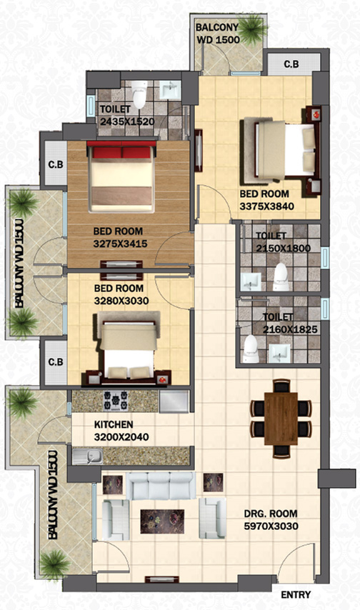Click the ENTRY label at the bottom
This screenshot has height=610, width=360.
(296, 594)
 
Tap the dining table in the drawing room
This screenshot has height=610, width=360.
(281, 418)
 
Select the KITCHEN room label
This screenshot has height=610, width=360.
(114, 424)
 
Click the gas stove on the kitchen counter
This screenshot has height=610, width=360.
(116, 401)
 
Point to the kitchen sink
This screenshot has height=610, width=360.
(88, 456)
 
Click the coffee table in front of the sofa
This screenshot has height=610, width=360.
(162, 521)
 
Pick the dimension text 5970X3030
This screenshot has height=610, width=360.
(271, 526)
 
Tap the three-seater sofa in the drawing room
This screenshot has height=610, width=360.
(161, 486)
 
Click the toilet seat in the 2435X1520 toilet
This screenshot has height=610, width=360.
(139, 94)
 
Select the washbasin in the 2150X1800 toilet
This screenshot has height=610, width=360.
(250, 281)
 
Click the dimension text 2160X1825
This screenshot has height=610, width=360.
(290, 329)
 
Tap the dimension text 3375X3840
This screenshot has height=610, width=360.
(266, 206)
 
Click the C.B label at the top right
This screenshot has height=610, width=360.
(291, 64)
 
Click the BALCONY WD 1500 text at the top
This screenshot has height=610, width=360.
(218, 34)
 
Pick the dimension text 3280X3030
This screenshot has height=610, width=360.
(121, 301)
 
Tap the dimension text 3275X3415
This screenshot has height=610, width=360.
(120, 244)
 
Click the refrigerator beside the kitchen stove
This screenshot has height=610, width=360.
(174, 401)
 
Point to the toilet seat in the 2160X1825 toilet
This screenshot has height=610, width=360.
(250, 349)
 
